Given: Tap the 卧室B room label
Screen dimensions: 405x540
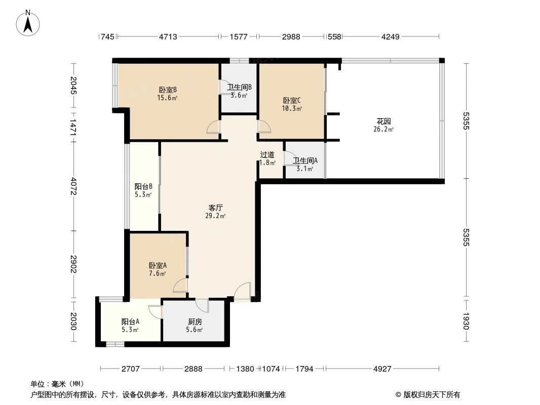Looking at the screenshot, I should coord(167,90).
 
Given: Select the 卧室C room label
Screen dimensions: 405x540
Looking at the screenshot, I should coord(292,100).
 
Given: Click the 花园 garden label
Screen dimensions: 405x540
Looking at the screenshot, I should coord(383,121).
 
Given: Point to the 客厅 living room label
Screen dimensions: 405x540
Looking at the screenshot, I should coord(216,208).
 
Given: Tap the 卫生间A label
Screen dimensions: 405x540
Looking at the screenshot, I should coord(305,161).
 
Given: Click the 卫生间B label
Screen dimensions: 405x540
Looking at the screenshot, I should coord(239,87).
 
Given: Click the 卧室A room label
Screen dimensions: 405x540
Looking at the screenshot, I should coord(158,265).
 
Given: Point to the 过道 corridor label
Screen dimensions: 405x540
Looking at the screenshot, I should coord(267,155).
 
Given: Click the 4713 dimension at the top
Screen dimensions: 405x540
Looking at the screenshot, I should coord(168,36).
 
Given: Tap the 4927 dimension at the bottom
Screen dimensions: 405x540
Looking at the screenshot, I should coord(382,369).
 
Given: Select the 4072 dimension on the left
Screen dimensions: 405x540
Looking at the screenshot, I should coord(74,187).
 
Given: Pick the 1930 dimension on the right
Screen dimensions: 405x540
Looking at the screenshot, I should coord(466,321).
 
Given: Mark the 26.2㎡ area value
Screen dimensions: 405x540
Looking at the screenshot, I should coord(384,129).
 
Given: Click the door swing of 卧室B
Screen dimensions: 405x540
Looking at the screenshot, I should coord(214,127).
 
